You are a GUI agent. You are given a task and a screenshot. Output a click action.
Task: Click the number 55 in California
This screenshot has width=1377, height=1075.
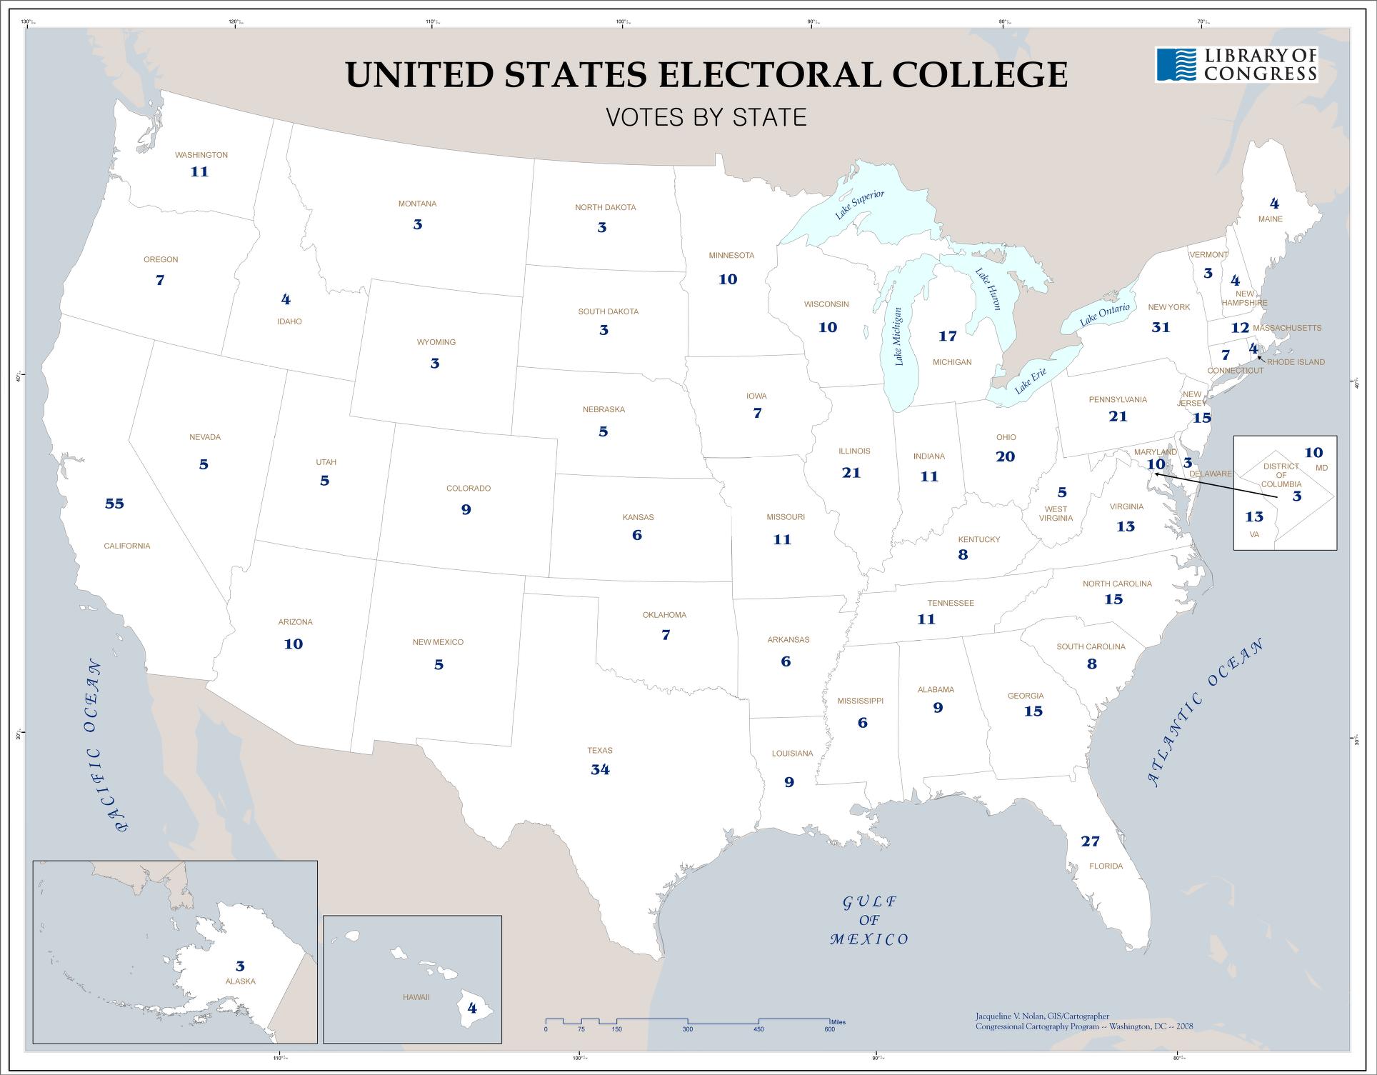click(114, 504)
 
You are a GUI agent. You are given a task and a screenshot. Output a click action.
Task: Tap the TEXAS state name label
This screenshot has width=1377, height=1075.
click(600, 751)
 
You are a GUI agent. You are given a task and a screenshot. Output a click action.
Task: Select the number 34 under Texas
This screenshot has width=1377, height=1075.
click(600, 769)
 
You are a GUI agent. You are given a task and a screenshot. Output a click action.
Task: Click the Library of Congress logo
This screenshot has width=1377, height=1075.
click(1236, 64)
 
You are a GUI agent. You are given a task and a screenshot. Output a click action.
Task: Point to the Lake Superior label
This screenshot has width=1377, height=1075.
click(860, 206)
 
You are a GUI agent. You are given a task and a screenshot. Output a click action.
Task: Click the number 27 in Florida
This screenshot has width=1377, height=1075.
click(1090, 841)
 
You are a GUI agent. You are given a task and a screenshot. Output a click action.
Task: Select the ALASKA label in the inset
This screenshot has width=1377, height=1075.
click(240, 981)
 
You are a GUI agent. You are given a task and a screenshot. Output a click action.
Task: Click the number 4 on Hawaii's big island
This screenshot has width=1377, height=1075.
click(471, 1009)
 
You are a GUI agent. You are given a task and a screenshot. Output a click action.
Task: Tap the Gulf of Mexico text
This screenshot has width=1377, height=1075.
click(869, 921)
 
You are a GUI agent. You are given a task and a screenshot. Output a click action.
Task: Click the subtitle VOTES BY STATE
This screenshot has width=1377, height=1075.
click(706, 117)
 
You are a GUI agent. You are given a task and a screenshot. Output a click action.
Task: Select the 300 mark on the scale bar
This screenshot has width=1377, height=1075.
click(687, 1029)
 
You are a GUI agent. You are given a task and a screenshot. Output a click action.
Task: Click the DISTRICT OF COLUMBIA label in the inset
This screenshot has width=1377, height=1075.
click(1281, 475)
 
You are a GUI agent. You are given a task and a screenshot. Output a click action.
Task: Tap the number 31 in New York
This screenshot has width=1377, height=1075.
click(1161, 327)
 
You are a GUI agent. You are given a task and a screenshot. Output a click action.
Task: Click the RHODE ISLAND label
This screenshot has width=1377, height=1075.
click(1296, 362)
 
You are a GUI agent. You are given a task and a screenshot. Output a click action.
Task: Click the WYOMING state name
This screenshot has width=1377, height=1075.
click(436, 342)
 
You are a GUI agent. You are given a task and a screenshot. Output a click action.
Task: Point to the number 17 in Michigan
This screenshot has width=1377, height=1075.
click(947, 336)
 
